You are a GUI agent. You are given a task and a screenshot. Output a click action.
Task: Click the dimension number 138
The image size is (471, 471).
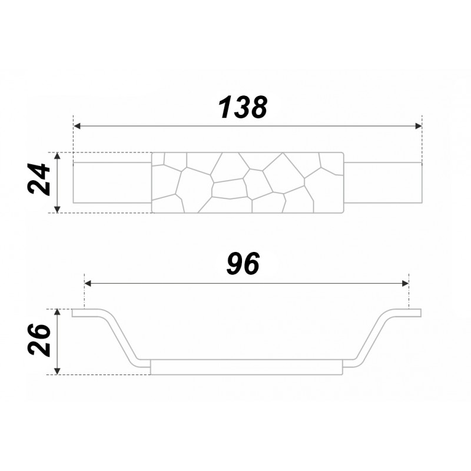243,107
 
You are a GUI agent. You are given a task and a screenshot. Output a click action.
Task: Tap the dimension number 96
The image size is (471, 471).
243,263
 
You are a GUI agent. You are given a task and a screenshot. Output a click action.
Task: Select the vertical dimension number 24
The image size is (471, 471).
38,180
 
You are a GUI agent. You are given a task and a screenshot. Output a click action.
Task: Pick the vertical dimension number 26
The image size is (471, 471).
38,340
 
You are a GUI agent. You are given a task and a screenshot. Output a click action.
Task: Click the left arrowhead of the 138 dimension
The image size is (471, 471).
77,126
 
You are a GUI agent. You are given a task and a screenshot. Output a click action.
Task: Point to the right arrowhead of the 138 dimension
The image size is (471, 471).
418,126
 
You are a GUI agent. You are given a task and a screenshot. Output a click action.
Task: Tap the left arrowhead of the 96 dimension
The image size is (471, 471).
88,283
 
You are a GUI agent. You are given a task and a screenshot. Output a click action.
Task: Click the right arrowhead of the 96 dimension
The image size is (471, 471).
405,283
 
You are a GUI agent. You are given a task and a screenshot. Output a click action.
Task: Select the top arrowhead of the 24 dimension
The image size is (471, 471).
58,156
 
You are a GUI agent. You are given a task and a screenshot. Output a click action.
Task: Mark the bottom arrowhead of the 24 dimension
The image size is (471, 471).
58,209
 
